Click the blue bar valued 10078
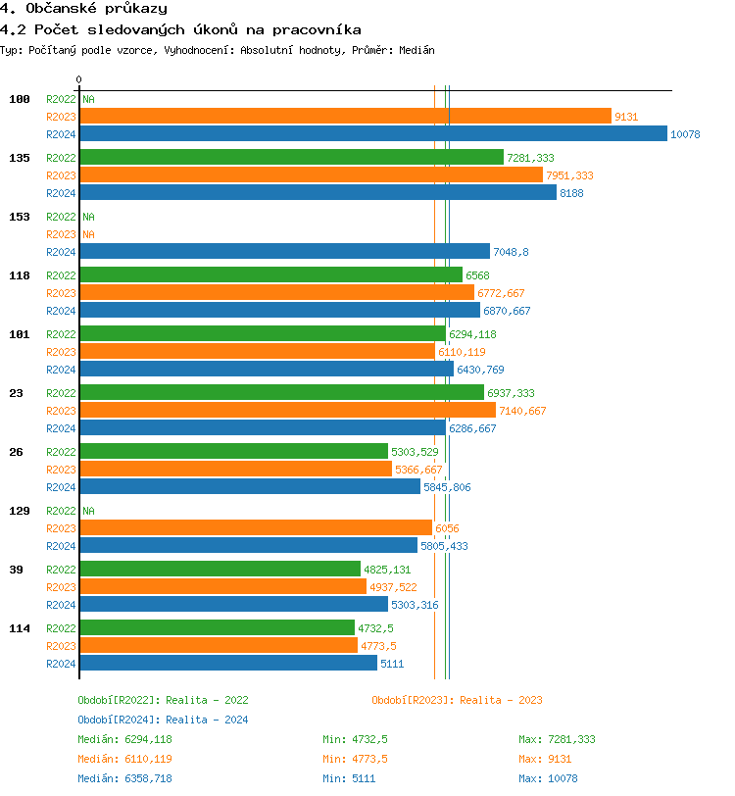point(373,134)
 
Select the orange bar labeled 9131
point(346,117)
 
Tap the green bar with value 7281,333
point(292,158)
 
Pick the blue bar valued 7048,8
point(285,252)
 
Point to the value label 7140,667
point(522,411)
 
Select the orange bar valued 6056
point(256,528)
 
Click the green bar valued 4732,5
point(218,628)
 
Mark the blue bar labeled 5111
point(228,664)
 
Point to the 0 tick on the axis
point(79,79)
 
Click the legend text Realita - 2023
point(501,700)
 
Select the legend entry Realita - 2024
point(207,720)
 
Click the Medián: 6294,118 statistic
point(125,739)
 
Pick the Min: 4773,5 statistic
point(356,759)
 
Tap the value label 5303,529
point(416,452)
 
